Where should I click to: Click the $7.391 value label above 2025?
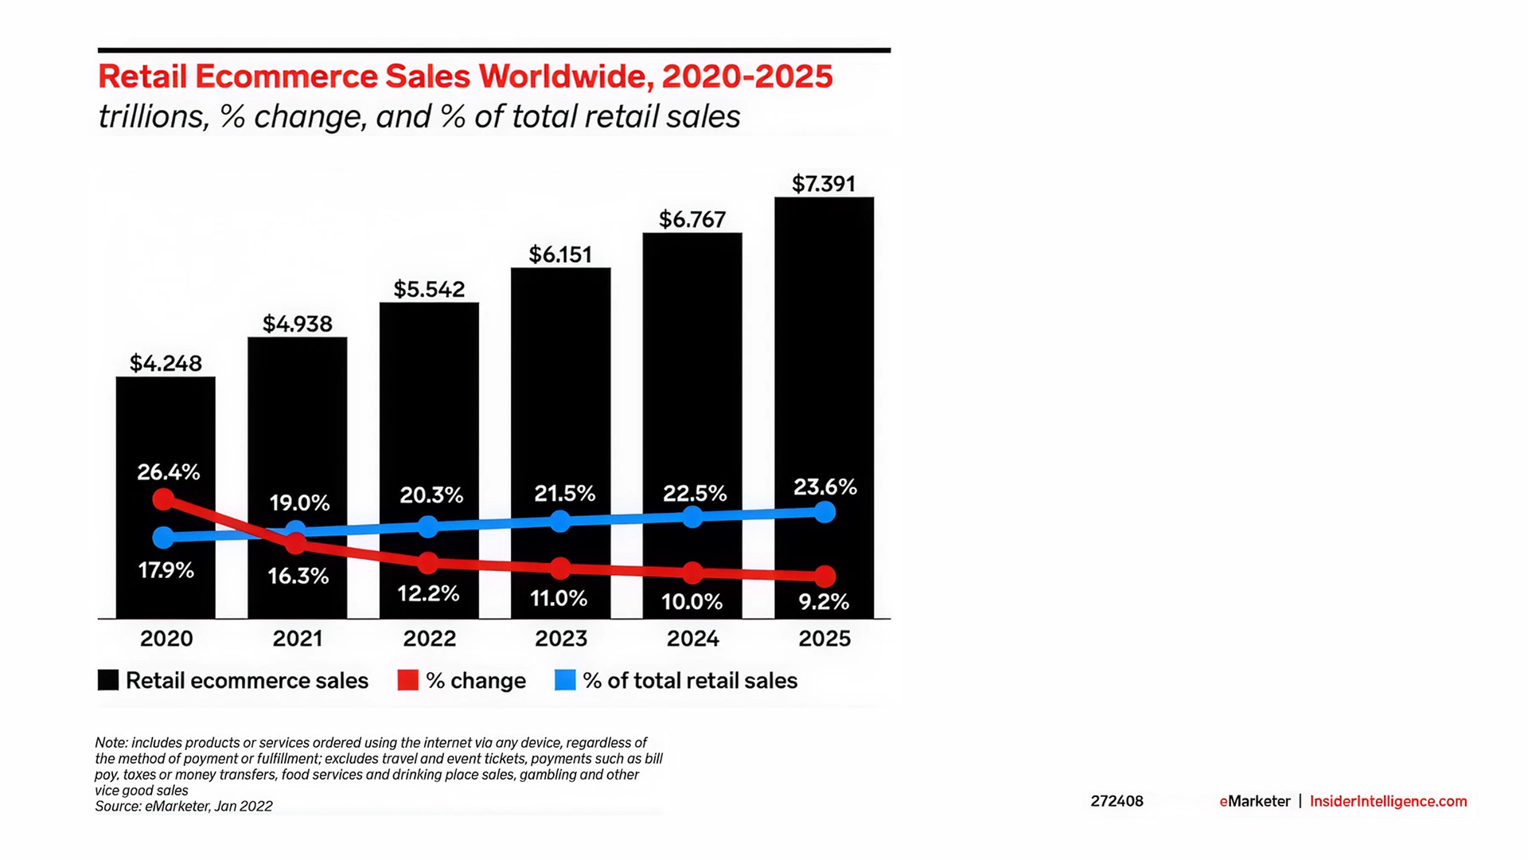point(824,184)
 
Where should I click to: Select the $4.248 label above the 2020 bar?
point(166,364)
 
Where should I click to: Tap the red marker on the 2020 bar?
point(163,499)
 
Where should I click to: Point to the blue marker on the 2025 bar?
point(825,512)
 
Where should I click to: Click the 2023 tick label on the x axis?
point(561,639)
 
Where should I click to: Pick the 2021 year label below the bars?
point(298,639)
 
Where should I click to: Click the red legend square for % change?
point(408,680)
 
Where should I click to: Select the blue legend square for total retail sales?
point(565,680)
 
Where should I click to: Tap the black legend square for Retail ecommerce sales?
point(108,680)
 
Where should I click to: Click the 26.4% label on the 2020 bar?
point(169,472)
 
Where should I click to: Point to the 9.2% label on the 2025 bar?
point(824,602)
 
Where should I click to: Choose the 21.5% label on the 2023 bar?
point(565,494)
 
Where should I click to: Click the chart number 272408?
point(1117,801)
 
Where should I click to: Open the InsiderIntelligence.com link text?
point(1388,801)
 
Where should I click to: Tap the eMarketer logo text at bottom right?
point(1255,801)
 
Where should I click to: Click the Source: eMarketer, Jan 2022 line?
point(184,807)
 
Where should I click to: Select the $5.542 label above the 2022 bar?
point(429,289)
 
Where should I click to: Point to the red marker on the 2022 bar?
point(428,563)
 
